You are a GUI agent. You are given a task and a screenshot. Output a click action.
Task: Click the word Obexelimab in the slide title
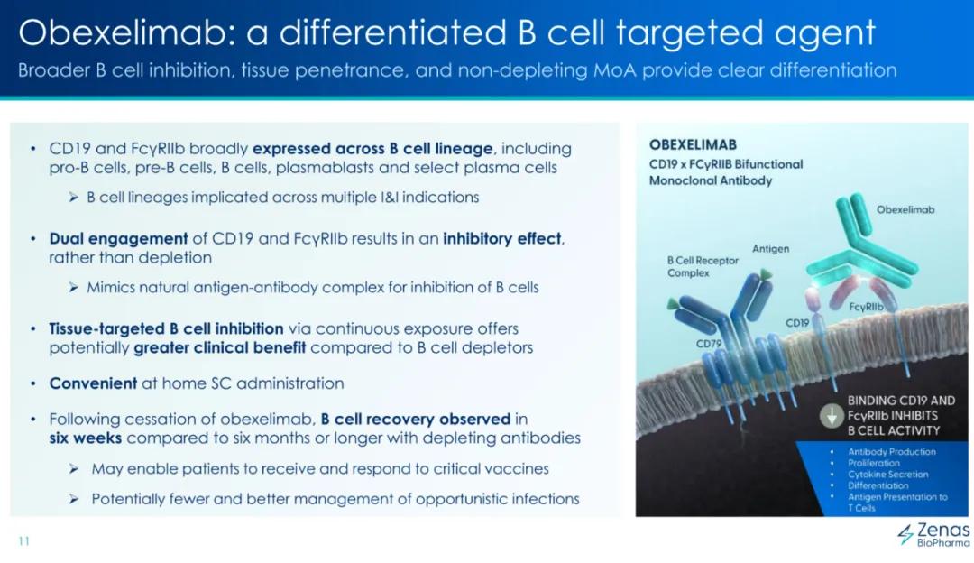coord(125,32)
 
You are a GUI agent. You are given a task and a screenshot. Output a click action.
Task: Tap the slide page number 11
coord(24,540)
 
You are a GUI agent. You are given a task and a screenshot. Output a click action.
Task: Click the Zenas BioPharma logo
coord(933,534)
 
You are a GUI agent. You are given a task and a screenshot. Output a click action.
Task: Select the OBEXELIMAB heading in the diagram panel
coord(693,144)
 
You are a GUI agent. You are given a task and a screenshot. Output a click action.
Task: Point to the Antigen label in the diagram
coord(770,248)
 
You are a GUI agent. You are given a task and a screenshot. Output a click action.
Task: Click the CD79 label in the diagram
coord(709,344)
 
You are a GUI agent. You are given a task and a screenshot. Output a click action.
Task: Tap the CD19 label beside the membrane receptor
coord(797,323)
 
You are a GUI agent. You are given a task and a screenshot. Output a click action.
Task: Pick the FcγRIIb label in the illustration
coord(865,307)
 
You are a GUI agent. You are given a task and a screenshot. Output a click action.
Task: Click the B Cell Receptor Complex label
coord(703,266)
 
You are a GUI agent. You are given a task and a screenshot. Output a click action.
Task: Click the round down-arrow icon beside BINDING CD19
coord(832,416)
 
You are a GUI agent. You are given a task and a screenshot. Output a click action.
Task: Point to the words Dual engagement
coord(118,239)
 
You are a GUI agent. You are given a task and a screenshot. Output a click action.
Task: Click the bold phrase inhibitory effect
coord(502,238)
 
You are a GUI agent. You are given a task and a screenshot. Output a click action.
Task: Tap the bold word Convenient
coord(93,383)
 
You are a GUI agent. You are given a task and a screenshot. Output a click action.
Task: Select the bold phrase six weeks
coord(86,438)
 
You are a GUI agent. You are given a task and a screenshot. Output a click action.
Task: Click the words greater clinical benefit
coord(220,348)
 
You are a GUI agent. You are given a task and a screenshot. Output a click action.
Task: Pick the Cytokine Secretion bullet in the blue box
coord(887,475)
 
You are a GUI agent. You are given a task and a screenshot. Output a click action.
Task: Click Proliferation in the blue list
coord(873,463)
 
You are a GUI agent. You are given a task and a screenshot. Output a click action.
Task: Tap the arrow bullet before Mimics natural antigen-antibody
coord(74,287)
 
